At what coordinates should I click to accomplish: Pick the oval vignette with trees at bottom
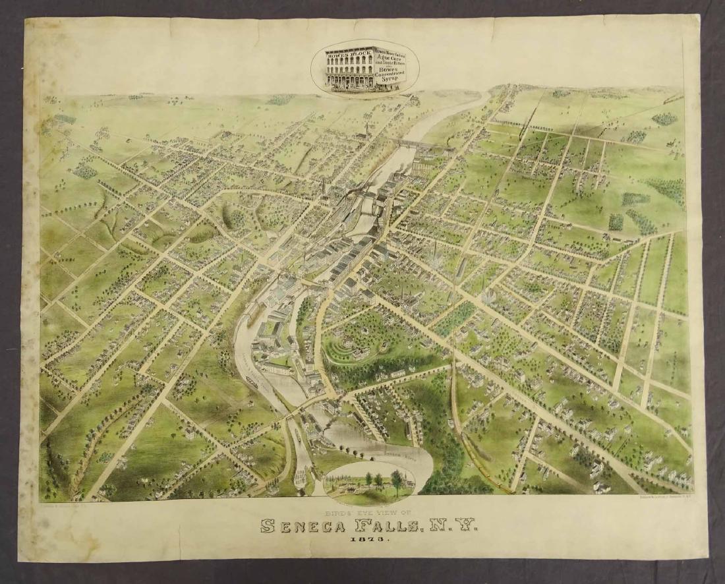[369, 483]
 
